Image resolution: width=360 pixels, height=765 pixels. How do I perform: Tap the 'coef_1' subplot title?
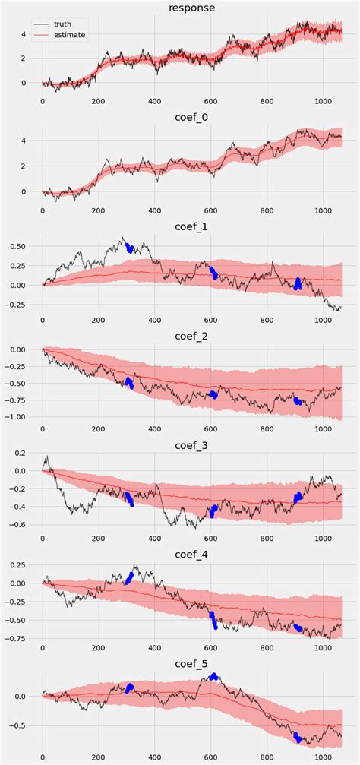click(x=191, y=227)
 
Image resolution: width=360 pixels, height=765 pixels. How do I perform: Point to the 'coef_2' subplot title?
click(x=191, y=337)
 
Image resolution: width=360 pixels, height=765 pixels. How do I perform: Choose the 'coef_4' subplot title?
click(x=191, y=555)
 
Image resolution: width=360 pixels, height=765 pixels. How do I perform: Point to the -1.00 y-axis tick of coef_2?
click(x=16, y=417)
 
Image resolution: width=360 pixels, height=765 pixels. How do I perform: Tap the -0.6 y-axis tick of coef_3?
click(x=19, y=524)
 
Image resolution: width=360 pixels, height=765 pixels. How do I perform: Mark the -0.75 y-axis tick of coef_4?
click(x=16, y=638)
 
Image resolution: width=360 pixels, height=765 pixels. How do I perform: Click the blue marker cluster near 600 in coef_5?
click(x=214, y=676)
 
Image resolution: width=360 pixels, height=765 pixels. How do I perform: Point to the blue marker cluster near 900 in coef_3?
click(x=297, y=497)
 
